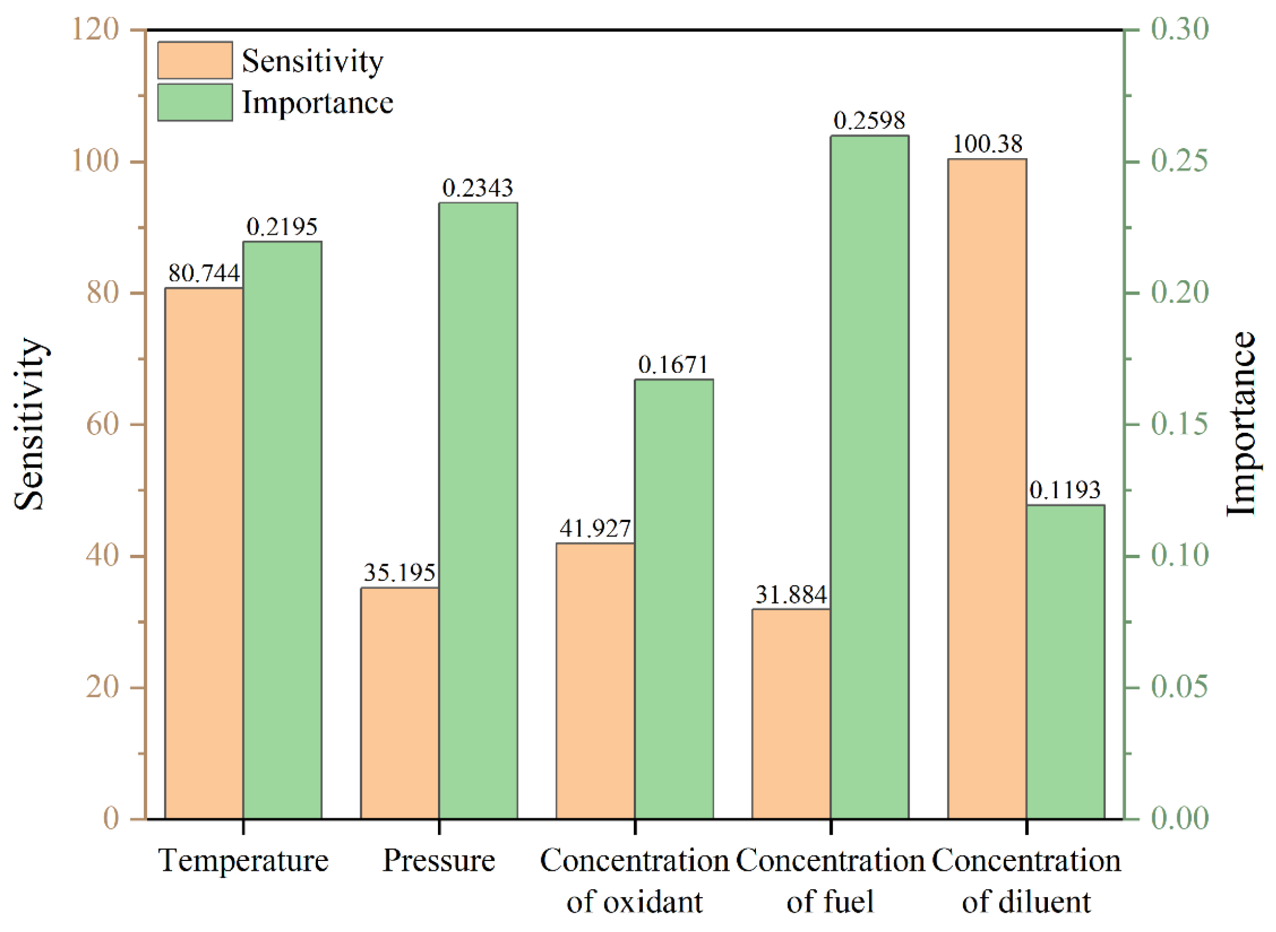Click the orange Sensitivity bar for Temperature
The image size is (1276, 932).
204,554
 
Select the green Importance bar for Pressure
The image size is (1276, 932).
478,510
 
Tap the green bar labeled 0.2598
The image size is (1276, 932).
869,477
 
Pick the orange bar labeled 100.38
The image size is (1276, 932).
987,489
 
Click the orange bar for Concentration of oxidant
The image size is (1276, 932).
596,681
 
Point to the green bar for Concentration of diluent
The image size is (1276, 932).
1066,662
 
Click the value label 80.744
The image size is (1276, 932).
204,273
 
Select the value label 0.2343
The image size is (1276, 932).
477,188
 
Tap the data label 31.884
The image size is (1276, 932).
791,595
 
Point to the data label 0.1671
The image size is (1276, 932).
673,365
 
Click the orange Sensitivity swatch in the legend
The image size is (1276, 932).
195,60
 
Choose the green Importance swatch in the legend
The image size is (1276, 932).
195,102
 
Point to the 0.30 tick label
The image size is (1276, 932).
1179,29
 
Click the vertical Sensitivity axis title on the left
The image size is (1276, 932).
29,424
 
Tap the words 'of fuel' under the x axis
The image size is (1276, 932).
830,901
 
